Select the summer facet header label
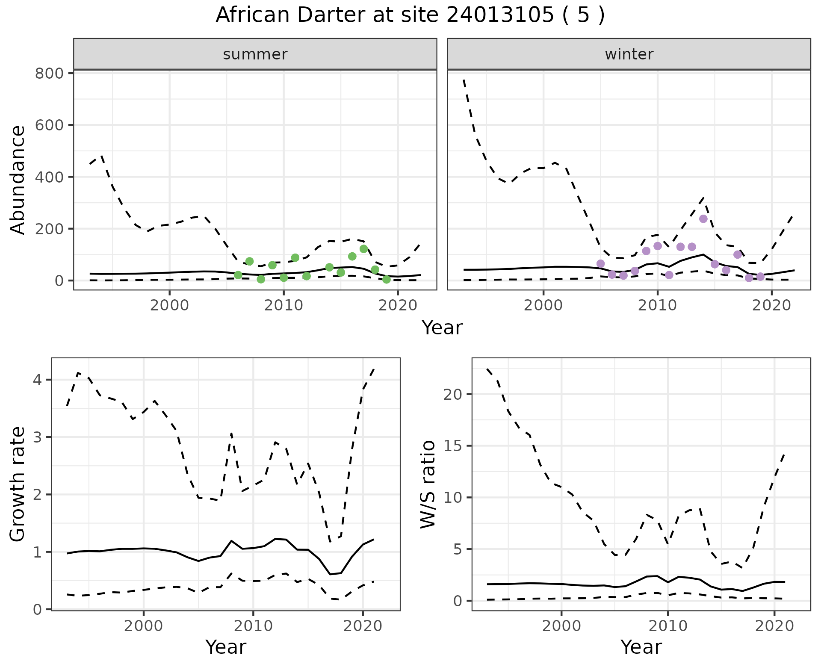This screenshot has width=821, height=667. point(255,54)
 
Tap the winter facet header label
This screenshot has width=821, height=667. point(629,54)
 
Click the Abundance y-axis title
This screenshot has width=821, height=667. point(18,180)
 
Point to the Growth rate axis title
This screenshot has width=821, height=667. point(18,484)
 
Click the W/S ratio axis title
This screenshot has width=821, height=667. point(428,484)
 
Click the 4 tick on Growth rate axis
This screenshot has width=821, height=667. point(40,380)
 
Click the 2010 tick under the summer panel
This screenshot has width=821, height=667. point(284,306)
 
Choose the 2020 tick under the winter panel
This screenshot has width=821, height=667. point(772,306)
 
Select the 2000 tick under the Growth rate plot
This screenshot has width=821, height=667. point(144,626)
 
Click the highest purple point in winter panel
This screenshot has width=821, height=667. point(703,219)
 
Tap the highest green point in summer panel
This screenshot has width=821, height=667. point(364,249)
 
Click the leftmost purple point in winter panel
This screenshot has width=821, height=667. point(601,263)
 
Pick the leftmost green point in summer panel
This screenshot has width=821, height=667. point(238,275)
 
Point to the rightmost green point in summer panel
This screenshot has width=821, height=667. point(387,279)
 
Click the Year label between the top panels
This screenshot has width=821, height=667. point(442,328)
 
